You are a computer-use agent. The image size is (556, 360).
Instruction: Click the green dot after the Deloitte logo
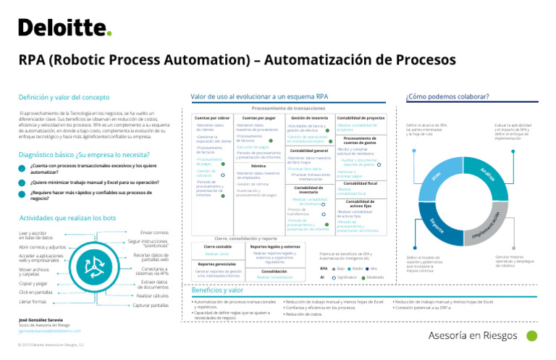click(109, 33)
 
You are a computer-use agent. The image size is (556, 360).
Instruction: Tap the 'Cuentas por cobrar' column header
click(212, 117)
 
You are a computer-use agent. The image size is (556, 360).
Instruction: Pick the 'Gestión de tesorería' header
click(310, 117)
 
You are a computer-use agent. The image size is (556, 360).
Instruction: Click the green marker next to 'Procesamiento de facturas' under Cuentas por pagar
click(270, 141)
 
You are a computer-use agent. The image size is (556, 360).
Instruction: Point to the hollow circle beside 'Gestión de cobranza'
click(223, 175)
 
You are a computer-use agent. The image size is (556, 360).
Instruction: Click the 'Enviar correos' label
click(155, 233)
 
